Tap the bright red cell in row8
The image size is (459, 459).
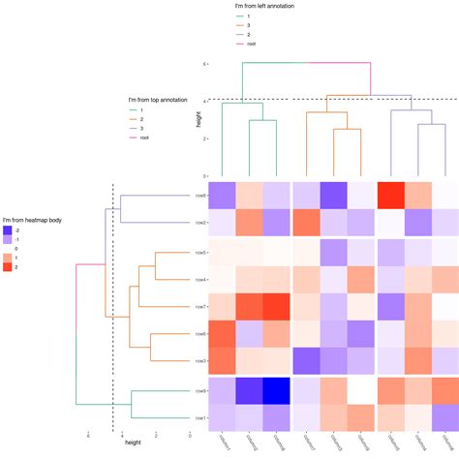pyautogui.click(x=389, y=196)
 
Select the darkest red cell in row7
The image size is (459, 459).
pyautogui.click(x=276, y=306)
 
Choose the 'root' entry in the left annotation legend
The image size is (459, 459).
pyautogui.click(x=251, y=44)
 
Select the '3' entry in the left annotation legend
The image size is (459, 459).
pyautogui.click(x=248, y=26)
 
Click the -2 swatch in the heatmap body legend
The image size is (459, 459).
pyautogui.click(x=8, y=229)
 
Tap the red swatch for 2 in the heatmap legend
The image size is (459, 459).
pyautogui.click(x=8, y=266)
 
